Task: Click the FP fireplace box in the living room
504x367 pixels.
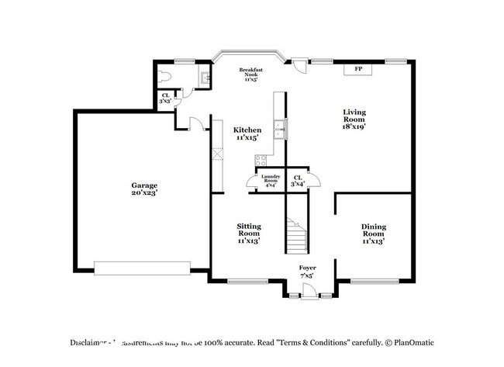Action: click(358, 70)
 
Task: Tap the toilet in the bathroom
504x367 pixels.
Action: click(161, 77)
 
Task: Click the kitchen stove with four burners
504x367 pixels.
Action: click(261, 161)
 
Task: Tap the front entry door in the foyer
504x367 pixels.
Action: click(308, 290)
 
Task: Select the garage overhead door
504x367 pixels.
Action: click(141, 268)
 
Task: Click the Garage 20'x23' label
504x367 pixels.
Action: click(143, 190)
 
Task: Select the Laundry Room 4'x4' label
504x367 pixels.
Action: click(270, 182)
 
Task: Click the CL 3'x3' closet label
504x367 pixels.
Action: click(165, 99)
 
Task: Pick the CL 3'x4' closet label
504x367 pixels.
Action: click(298, 181)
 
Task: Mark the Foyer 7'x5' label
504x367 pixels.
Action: click(308, 272)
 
